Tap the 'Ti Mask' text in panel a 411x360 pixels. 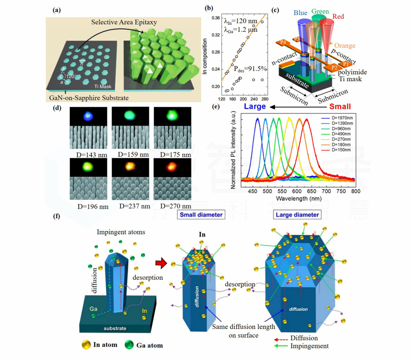[104, 87]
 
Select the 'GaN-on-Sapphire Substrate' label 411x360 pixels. [88, 98]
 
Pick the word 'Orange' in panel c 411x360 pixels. [344, 45]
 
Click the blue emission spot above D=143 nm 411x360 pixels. [87, 117]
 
